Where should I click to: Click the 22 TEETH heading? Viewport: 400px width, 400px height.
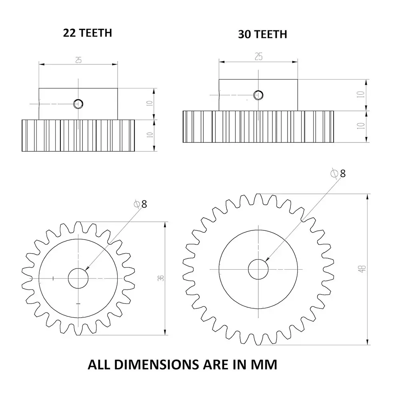click(87, 33)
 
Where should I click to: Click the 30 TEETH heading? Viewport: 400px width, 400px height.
click(262, 34)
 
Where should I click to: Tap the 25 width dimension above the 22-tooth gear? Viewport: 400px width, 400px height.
click(78, 60)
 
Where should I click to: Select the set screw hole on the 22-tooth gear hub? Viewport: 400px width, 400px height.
click(78, 104)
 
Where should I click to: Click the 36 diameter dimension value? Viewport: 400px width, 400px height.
click(161, 278)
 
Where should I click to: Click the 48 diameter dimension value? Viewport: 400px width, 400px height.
click(362, 269)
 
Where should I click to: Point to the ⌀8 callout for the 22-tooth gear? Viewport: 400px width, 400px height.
click(140, 204)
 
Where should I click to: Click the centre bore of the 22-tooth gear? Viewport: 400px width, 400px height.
click(78, 278)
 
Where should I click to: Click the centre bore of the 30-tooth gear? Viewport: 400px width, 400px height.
click(258, 269)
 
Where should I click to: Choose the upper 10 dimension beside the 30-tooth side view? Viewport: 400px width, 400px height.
click(362, 95)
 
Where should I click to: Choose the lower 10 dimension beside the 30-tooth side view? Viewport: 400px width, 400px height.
click(362, 125)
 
